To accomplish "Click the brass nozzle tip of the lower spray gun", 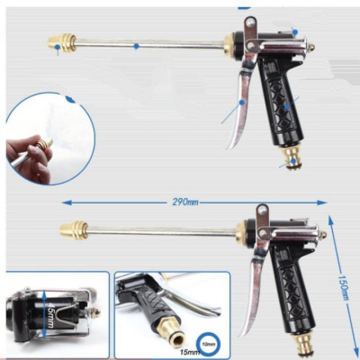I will tap(73, 229).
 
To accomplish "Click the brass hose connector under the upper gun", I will tap(292, 157).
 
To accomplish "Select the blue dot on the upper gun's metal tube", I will tap(136, 45).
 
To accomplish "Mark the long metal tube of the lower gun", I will tap(162, 230).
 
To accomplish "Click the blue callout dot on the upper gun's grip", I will tap(288, 105).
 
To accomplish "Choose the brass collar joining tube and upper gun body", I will tap(231, 43).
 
